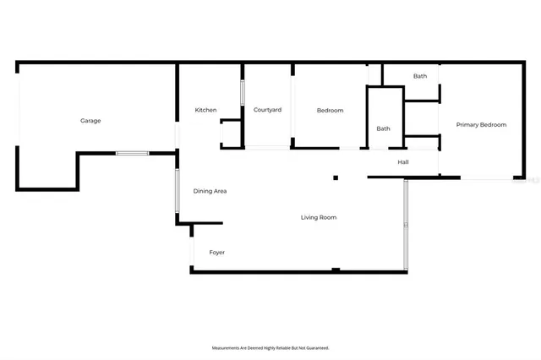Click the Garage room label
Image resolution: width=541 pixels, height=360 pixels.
[x=90, y=121]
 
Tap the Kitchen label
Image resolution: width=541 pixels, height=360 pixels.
[x=205, y=110]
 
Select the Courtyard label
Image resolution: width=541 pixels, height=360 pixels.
[x=267, y=110]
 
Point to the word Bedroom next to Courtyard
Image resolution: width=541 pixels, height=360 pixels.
[x=330, y=110]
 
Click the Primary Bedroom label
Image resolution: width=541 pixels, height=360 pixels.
[x=481, y=124]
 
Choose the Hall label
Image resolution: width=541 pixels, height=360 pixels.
[x=403, y=161]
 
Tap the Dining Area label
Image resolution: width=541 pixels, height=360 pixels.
[x=210, y=191]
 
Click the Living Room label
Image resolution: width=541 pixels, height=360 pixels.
[x=319, y=217]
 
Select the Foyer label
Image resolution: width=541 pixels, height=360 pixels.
[x=217, y=252]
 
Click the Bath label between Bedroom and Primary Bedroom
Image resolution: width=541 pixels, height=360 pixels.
[x=383, y=128]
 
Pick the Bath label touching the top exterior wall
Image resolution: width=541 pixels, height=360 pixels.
[x=420, y=76]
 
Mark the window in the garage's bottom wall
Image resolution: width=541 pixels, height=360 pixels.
[x=132, y=153]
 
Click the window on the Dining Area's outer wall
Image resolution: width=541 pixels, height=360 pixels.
[x=177, y=191]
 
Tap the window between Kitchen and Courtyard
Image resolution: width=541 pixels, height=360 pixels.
[x=243, y=91]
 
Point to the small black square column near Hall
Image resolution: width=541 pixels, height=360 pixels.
[x=336, y=177]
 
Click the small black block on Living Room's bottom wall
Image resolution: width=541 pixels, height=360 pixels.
[x=336, y=270]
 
